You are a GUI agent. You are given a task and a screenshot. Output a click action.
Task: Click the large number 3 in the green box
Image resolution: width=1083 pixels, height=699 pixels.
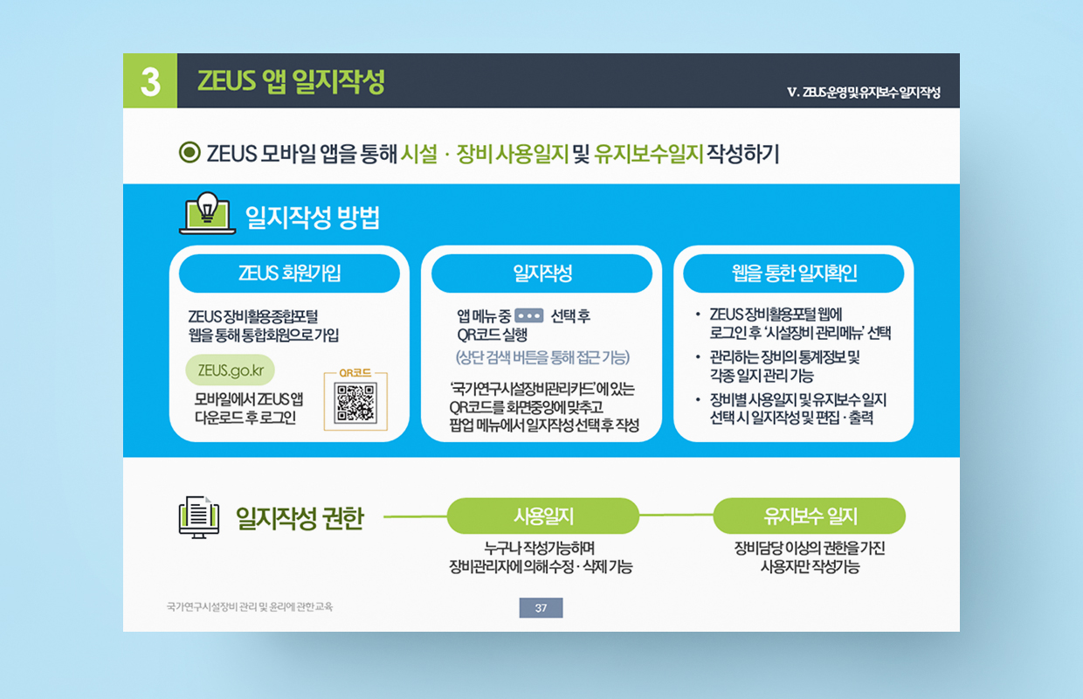150,81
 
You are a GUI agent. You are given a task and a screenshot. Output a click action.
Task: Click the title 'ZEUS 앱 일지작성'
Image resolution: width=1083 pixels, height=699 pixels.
291,80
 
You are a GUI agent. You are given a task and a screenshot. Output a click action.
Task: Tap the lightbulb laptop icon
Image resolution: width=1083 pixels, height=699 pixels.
207,213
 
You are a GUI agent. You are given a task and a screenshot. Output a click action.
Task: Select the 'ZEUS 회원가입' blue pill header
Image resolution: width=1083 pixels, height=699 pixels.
289,273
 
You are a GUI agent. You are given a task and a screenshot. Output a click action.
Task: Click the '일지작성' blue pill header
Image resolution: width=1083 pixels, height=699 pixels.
541,273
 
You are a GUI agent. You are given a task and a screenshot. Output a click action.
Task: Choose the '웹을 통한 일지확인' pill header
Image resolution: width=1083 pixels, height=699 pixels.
793,273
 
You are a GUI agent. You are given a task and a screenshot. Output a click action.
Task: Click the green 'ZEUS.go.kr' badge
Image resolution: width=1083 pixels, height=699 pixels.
231,370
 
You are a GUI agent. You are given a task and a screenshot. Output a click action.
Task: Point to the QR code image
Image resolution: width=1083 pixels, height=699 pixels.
355,404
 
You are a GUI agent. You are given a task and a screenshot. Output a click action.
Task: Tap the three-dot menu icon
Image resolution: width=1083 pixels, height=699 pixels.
529,316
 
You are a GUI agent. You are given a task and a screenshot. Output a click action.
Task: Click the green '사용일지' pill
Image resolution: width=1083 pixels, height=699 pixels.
543,516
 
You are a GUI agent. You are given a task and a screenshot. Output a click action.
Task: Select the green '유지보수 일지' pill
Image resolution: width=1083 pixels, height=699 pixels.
810,516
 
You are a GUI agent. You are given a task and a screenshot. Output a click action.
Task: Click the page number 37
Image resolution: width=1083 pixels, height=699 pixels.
541,607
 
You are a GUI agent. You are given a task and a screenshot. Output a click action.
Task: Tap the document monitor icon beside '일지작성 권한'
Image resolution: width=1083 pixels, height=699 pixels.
199,517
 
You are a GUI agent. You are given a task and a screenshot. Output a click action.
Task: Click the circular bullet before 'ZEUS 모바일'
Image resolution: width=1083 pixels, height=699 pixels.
190,152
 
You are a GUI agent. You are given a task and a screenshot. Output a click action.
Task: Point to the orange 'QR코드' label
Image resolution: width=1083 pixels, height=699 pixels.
355,373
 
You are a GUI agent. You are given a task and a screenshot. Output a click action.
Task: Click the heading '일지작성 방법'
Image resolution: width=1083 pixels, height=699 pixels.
313,218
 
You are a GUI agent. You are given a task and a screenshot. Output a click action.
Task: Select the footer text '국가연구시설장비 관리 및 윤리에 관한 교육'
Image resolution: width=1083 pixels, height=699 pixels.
250,606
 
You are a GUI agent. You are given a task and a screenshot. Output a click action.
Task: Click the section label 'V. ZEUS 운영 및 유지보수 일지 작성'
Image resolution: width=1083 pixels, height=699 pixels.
864,92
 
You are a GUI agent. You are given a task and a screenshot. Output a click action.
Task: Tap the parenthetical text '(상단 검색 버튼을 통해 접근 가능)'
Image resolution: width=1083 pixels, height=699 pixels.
542,357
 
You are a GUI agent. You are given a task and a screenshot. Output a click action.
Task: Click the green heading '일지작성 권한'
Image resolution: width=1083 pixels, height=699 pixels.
300,518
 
